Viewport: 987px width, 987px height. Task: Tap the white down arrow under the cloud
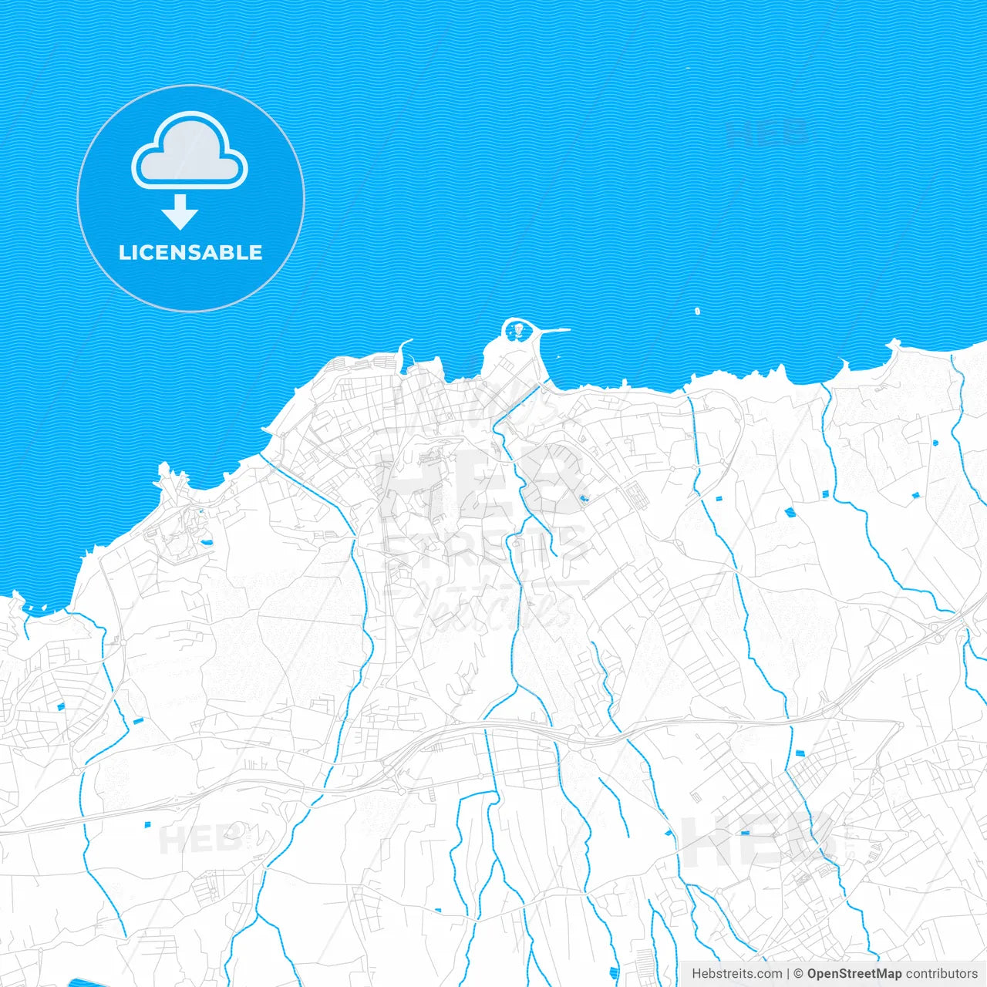(180, 213)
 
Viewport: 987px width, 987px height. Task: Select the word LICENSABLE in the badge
(190, 252)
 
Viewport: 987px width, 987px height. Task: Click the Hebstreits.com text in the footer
(736, 974)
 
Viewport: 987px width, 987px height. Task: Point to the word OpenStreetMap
(854, 974)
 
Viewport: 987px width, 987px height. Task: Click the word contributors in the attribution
(941, 974)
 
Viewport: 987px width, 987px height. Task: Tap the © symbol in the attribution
(799, 974)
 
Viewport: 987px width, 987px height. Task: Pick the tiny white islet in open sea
(697, 312)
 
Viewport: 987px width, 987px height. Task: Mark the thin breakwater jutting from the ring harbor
(554, 331)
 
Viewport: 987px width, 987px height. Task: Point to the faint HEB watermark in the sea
(767, 133)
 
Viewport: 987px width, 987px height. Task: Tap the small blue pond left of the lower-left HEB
(147, 825)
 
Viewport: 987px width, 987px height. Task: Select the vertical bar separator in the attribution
(789, 974)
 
